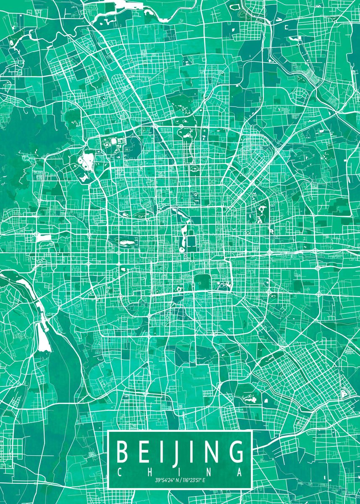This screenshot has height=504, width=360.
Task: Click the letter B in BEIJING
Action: (x=122, y=451)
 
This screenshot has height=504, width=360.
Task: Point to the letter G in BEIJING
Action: (x=236, y=451)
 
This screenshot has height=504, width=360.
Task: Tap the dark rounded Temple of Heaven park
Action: (x=202, y=282)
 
